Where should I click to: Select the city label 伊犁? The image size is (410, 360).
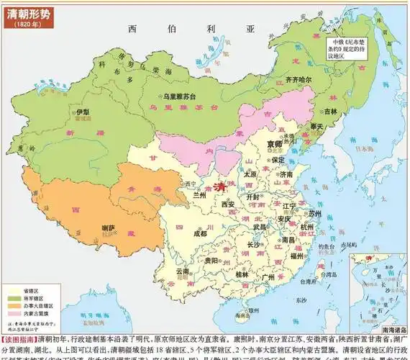[x=83, y=113]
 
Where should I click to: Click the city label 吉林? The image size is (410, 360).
[x=330, y=112]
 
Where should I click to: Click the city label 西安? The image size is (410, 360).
[x=227, y=204]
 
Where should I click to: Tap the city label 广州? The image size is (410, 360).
[x=268, y=276]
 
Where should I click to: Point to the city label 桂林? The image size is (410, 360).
[x=242, y=274]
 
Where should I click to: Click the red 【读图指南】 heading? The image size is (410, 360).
[x=19, y=338]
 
